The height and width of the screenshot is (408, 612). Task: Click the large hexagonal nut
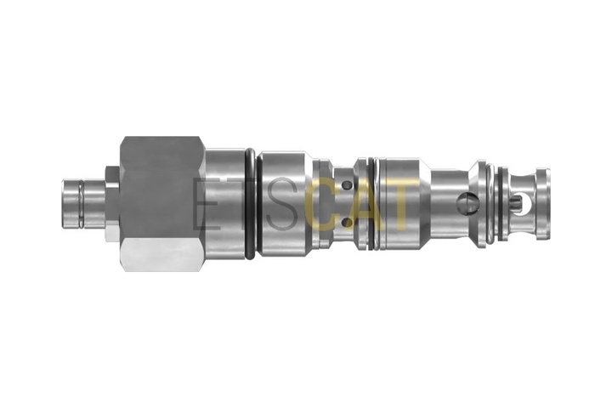pos(162,203)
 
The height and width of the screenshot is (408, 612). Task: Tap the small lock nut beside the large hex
pos(112,203)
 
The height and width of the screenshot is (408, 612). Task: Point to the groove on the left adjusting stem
pos(81,203)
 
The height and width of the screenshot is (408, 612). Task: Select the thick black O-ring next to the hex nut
pos(251,203)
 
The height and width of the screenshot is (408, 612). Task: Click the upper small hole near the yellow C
pos(347,184)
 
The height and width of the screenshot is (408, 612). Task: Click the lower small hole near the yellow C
pos(347,223)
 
